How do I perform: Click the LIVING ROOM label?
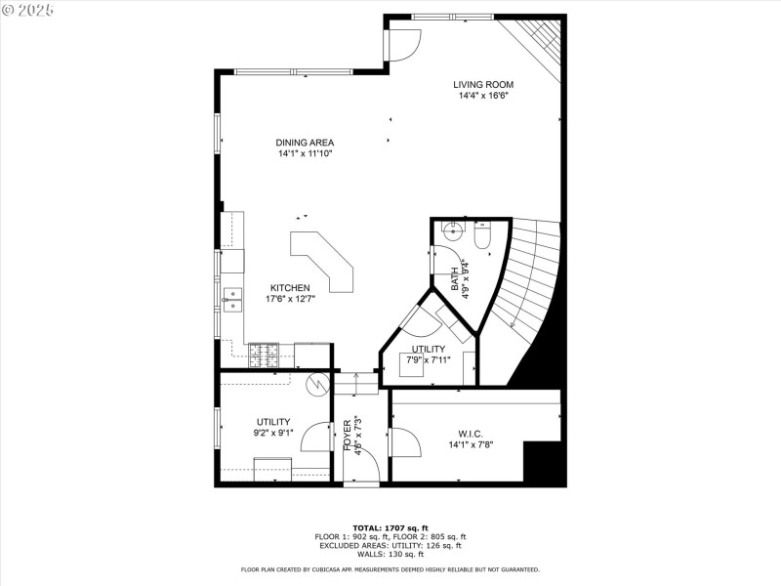coord(482,84)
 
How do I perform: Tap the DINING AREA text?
coord(305,143)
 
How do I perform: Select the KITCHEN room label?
coord(290,288)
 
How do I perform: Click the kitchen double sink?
coord(232,300)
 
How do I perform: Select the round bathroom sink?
coord(452,231)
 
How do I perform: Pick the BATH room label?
coord(455,279)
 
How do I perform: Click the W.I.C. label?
coord(471,435)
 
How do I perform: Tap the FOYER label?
coord(348,434)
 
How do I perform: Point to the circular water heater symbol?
coord(317,384)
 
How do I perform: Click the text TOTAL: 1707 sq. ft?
coord(390,527)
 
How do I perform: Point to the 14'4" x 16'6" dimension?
coord(482,96)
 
